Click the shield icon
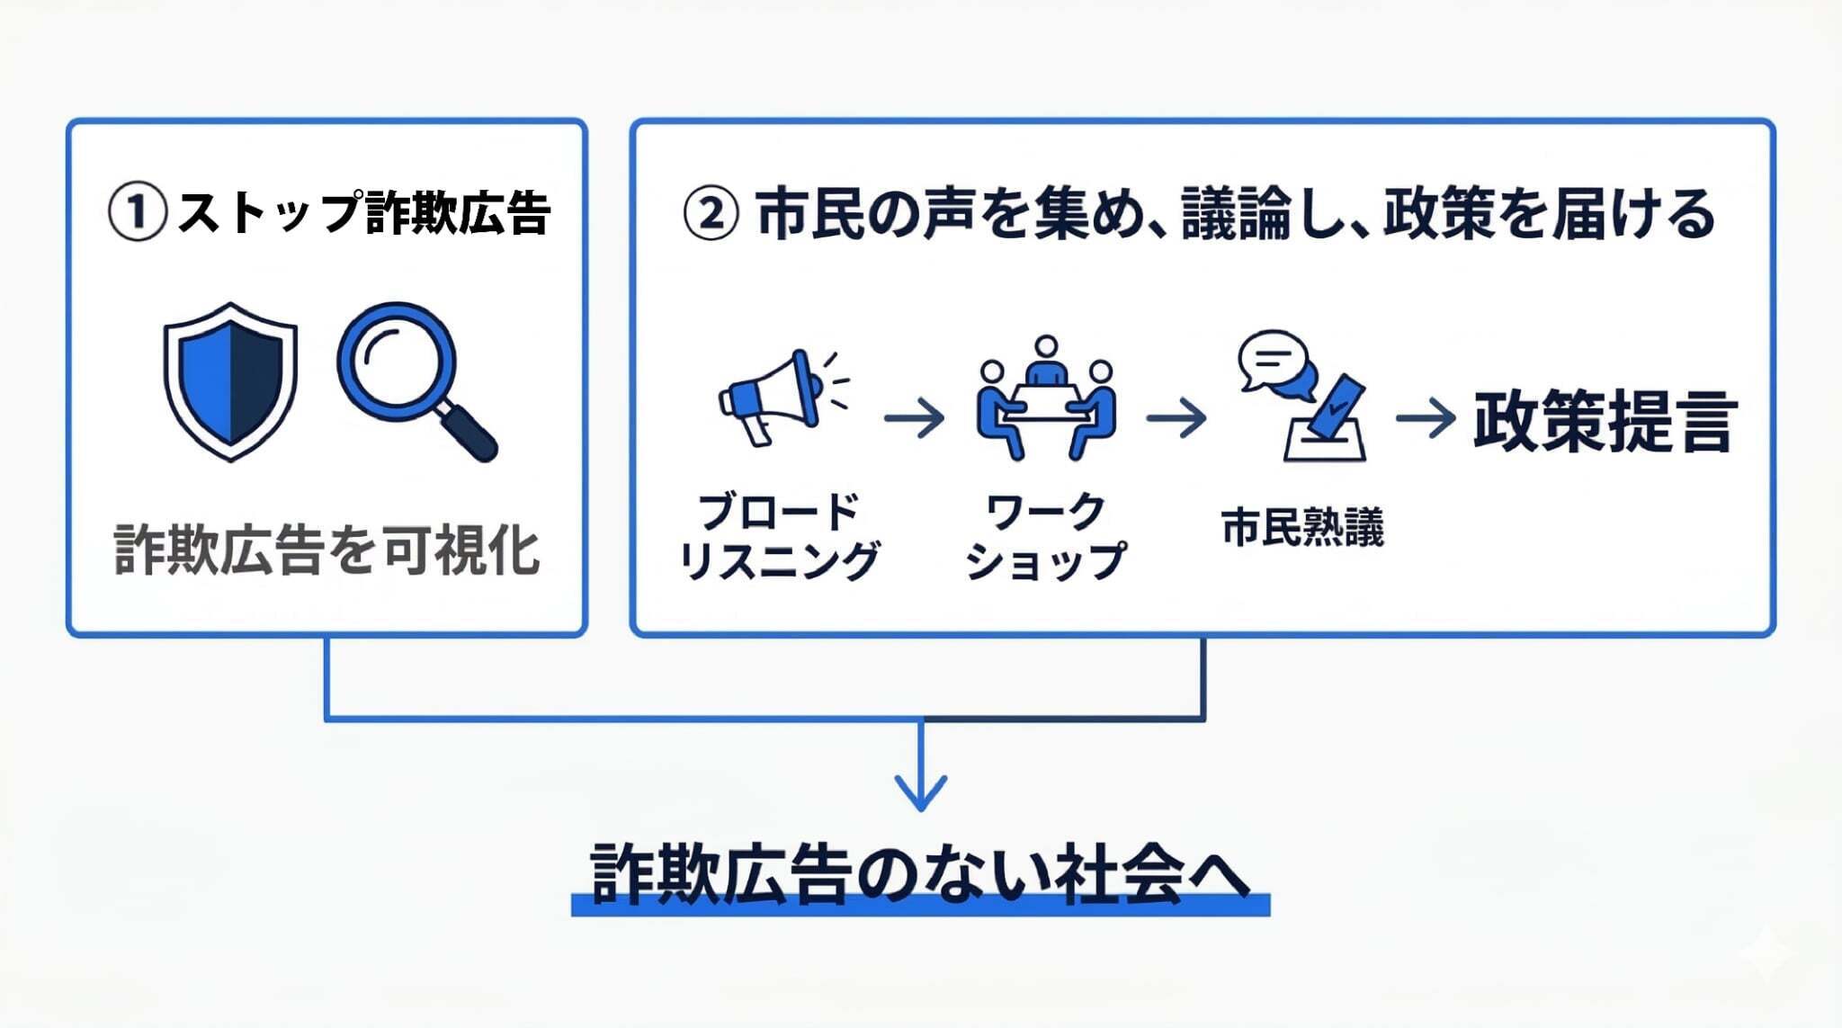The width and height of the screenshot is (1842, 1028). pos(230,381)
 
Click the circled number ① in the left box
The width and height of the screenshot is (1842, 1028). pos(137,213)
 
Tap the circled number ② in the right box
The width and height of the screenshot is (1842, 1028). pos(711,214)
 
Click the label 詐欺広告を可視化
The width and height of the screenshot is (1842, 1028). pos(326,550)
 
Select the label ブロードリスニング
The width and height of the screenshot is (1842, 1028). pos(779,537)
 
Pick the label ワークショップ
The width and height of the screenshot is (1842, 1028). pos(1045,537)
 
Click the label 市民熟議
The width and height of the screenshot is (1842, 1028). pos(1302,527)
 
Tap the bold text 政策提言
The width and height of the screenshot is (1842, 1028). pos(1603,421)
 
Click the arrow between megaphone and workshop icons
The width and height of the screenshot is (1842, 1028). pos(914,418)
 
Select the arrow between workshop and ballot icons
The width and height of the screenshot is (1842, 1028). pos(1176,418)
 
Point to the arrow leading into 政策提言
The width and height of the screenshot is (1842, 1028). pos(1426,418)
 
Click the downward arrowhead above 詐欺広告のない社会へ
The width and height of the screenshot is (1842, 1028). pos(920,791)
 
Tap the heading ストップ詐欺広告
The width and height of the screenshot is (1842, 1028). pos(363,213)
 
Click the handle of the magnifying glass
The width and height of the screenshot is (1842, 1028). pos(469,434)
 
